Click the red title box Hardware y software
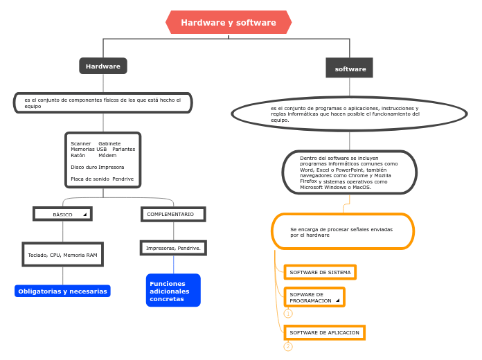(x=229, y=22)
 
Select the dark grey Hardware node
(x=103, y=66)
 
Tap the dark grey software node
(x=350, y=69)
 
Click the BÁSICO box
(x=62, y=214)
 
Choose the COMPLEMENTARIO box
(x=173, y=214)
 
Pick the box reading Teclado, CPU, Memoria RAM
(x=62, y=255)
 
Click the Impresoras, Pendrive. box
(x=173, y=247)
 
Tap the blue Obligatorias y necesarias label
(x=62, y=291)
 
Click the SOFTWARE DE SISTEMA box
(x=320, y=272)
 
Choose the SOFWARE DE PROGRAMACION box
(x=314, y=297)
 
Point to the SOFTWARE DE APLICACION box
(x=324, y=332)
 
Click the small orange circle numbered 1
(x=288, y=314)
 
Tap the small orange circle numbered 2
(x=288, y=347)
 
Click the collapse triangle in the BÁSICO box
(x=85, y=215)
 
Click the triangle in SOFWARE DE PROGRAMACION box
(x=338, y=300)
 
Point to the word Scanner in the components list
(x=81, y=143)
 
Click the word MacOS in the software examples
(x=361, y=187)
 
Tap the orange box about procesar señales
(x=343, y=231)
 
